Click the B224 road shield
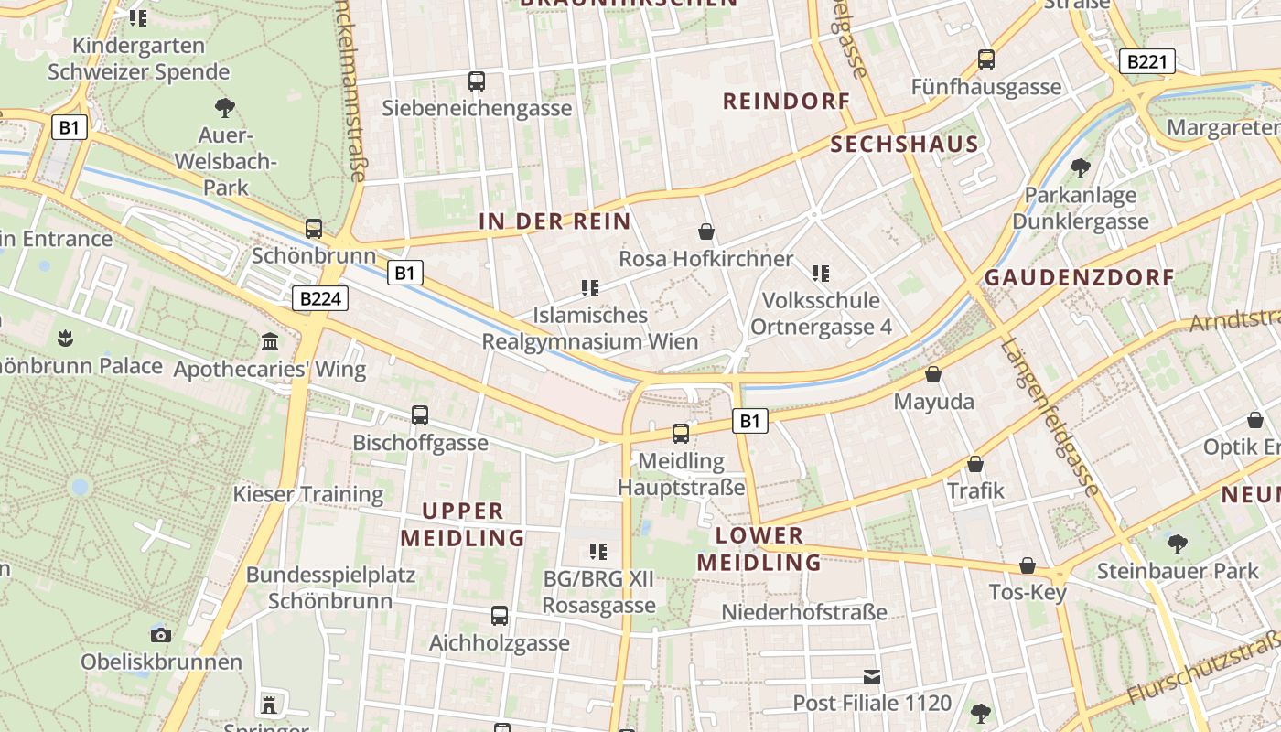pyautogui.click(x=320, y=298)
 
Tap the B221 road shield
pyautogui.click(x=1147, y=62)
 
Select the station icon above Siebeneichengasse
pyautogui.click(x=476, y=81)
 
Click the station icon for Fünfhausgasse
pyautogui.click(x=985, y=59)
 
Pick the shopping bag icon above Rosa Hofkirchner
pyautogui.click(x=705, y=231)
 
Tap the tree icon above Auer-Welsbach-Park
pyautogui.click(x=224, y=108)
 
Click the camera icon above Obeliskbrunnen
pyautogui.click(x=161, y=634)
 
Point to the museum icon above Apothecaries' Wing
pyautogui.click(x=270, y=342)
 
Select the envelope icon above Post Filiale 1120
pyautogui.click(x=871, y=677)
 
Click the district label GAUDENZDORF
pyautogui.click(x=1079, y=277)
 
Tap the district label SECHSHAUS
pyautogui.click(x=904, y=144)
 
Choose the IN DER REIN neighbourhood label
pyautogui.click(x=554, y=221)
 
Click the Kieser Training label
pyautogui.click(x=308, y=494)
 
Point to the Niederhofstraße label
pyautogui.click(x=804, y=612)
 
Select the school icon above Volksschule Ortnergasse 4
pyautogui.click(x=821, y=273)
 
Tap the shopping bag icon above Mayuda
pyautogui.click(x=933, y=374)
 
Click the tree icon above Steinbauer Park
pyautogui.click(x=1177, y=544)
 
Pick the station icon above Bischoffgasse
pyautogui.click(x=420, y=415)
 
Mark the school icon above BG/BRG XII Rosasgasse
pyautogui.click(x=598, y=551)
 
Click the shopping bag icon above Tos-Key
pyautogui.click(x=1028, y=565)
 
